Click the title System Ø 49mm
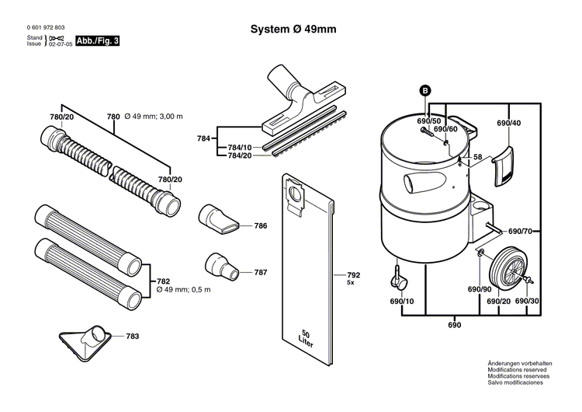[x=293, y=30]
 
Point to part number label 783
[x=133, y=337]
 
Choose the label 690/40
[x=508, y=123]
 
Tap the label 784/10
[x=239, y=147]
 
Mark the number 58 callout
[x=478, y=157]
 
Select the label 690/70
[x=520, y=232]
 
